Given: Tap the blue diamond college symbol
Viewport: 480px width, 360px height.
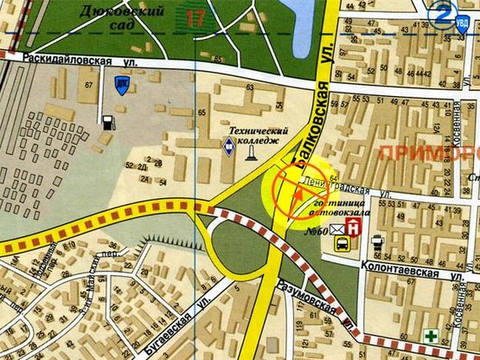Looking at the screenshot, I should [228, 148].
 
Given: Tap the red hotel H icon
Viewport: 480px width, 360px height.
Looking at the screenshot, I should [353, 228].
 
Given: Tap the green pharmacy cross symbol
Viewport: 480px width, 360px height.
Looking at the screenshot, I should [430, 334].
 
